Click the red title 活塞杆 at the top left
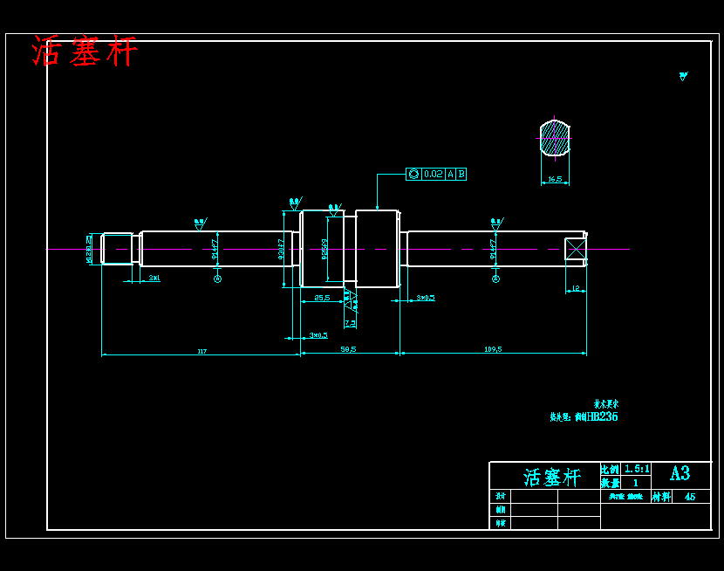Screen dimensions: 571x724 pyautogui.click(x=85, y=52)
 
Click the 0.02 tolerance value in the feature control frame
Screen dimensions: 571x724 pyautogui.click(x=433, y=175)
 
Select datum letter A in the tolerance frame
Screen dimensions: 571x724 pyautogui.click(x=450, y=175)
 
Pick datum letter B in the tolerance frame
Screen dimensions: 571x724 pyautogui.click(x=461, y=175)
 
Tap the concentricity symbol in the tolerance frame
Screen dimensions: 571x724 pyautogui.click(x=413, y=175)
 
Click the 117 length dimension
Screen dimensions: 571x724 pyautogui.click(x=202, y=351)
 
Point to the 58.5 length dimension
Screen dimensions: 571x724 pyautogui.click(x=348, y=349)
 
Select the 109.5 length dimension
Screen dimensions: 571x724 pyautogui.click(x=493, y=349)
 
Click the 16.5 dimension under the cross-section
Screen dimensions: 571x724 pyautogui.click(x=554, y=180)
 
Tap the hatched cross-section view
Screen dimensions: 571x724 pyautogui.click(x=554, y=138)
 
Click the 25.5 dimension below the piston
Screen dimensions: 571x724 pyautogui.click(x=322, y=298)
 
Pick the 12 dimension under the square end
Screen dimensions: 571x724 pyautogui.click(x=575, y=288)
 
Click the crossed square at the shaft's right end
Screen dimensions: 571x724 pyautogui.click(x=576, y=249)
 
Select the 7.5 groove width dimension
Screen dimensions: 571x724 pyautogui.click(x=350, y=323)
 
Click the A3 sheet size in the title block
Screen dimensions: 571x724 pyautogui.click(x=680, y=473)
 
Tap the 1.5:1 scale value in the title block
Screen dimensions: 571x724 pyautogui.click(x=636, y=469)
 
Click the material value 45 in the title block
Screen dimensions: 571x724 pyautogui.click(x=690, y=497)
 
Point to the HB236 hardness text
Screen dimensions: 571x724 pyautogui.click(x=602, y=417)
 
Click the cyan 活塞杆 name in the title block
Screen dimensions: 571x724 pyautogui.click(x=551, y=477)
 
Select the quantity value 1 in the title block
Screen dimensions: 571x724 pyautogui.click(x=635, y=483)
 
